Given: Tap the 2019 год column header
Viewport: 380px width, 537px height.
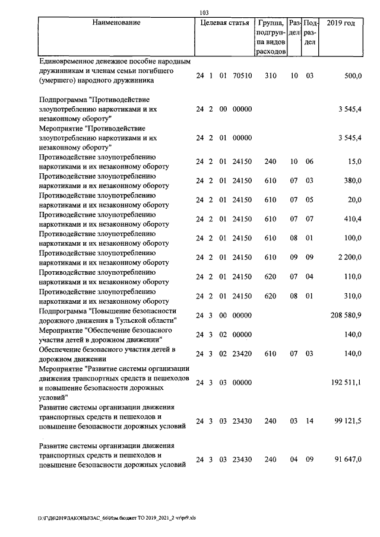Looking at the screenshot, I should pyautogui.click(x=341, y=23).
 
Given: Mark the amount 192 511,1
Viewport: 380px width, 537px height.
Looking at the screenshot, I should pyautogui.click(x=346, y=383).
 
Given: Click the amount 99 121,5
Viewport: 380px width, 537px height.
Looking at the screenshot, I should pyautogui.click(x=349, y=421).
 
